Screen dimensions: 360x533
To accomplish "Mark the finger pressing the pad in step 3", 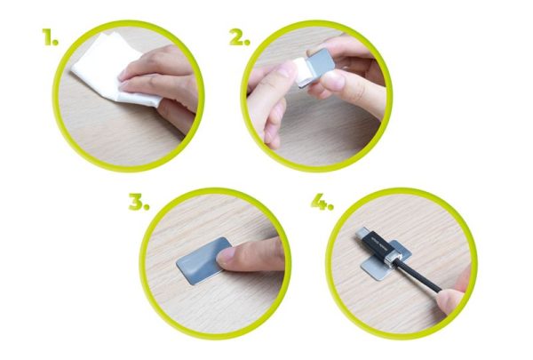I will click(x=253, y=255).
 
